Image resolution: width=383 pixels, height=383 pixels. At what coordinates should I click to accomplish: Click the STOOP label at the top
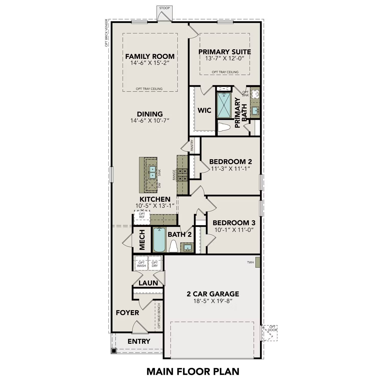tap(164, 8)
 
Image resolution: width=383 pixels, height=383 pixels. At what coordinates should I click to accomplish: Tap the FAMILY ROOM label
tap(150, 56)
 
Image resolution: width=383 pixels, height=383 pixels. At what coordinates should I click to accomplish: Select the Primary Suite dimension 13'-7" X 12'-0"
tap(225, 58)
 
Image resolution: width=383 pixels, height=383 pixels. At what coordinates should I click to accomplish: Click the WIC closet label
tap(204, 111)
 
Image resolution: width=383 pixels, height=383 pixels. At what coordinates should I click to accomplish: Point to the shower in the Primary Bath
tap(224, 105)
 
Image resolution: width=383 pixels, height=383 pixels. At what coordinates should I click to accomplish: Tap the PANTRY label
tap(192, 145)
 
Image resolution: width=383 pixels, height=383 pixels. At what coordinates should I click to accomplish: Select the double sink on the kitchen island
tap(152, 172)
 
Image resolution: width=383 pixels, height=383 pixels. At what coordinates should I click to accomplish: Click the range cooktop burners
tap(183, 175)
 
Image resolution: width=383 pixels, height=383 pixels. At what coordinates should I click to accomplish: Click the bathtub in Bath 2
tap(159, 240)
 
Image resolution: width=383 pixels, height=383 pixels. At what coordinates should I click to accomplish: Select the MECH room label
tap(142, 240)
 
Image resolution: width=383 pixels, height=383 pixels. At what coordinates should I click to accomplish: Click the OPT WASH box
tap(141, 264)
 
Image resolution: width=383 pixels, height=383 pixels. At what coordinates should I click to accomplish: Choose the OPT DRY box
tap(155, 264)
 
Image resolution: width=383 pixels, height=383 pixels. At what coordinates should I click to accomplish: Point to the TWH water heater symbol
tap(257, 262)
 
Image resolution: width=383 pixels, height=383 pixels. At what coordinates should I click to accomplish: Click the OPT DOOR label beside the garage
tap(272, 328)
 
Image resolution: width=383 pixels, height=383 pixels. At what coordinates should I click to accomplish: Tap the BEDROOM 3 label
tap(234, 223)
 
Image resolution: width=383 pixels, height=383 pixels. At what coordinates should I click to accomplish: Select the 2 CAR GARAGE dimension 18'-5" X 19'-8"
tap(213, 301)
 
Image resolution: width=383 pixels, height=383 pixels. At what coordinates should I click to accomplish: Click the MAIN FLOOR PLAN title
tap(193, 372)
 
